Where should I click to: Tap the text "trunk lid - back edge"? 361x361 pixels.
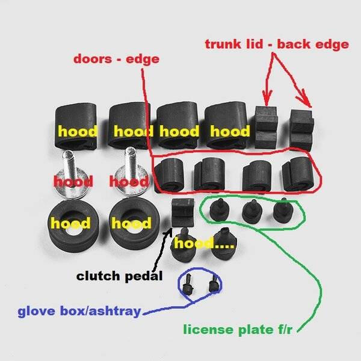click(276, 45)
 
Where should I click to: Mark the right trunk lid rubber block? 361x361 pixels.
click(302, 128)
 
